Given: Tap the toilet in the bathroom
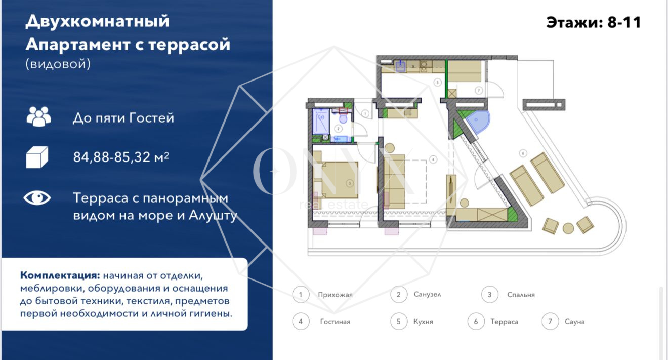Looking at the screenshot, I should (x=343, y=119).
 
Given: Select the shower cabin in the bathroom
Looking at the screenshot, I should (x=321, y=122).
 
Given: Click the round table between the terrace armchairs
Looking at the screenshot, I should (x=568, y=228).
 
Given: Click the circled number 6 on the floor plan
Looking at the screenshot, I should (x=523, y=152).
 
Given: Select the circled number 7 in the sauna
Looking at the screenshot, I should (x=478, y=90).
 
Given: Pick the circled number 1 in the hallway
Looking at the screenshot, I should (x=364, y=113).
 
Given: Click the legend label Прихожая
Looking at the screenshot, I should (x=335, y=295).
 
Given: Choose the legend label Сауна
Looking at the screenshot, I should (x=574, y=322).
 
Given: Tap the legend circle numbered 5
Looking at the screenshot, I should (x=399, y=322).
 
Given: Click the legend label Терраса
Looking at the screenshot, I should (x=504, y=322).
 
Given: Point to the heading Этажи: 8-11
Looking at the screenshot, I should (x=593, y=23).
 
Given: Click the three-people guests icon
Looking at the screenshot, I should (x=38, y=116).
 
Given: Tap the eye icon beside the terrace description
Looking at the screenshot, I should (x=37, y=198).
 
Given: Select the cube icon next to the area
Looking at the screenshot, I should (x=37, y=157).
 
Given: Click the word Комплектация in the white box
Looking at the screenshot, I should (x=59, y=276).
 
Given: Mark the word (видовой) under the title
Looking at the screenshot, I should (x=58, y=64).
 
